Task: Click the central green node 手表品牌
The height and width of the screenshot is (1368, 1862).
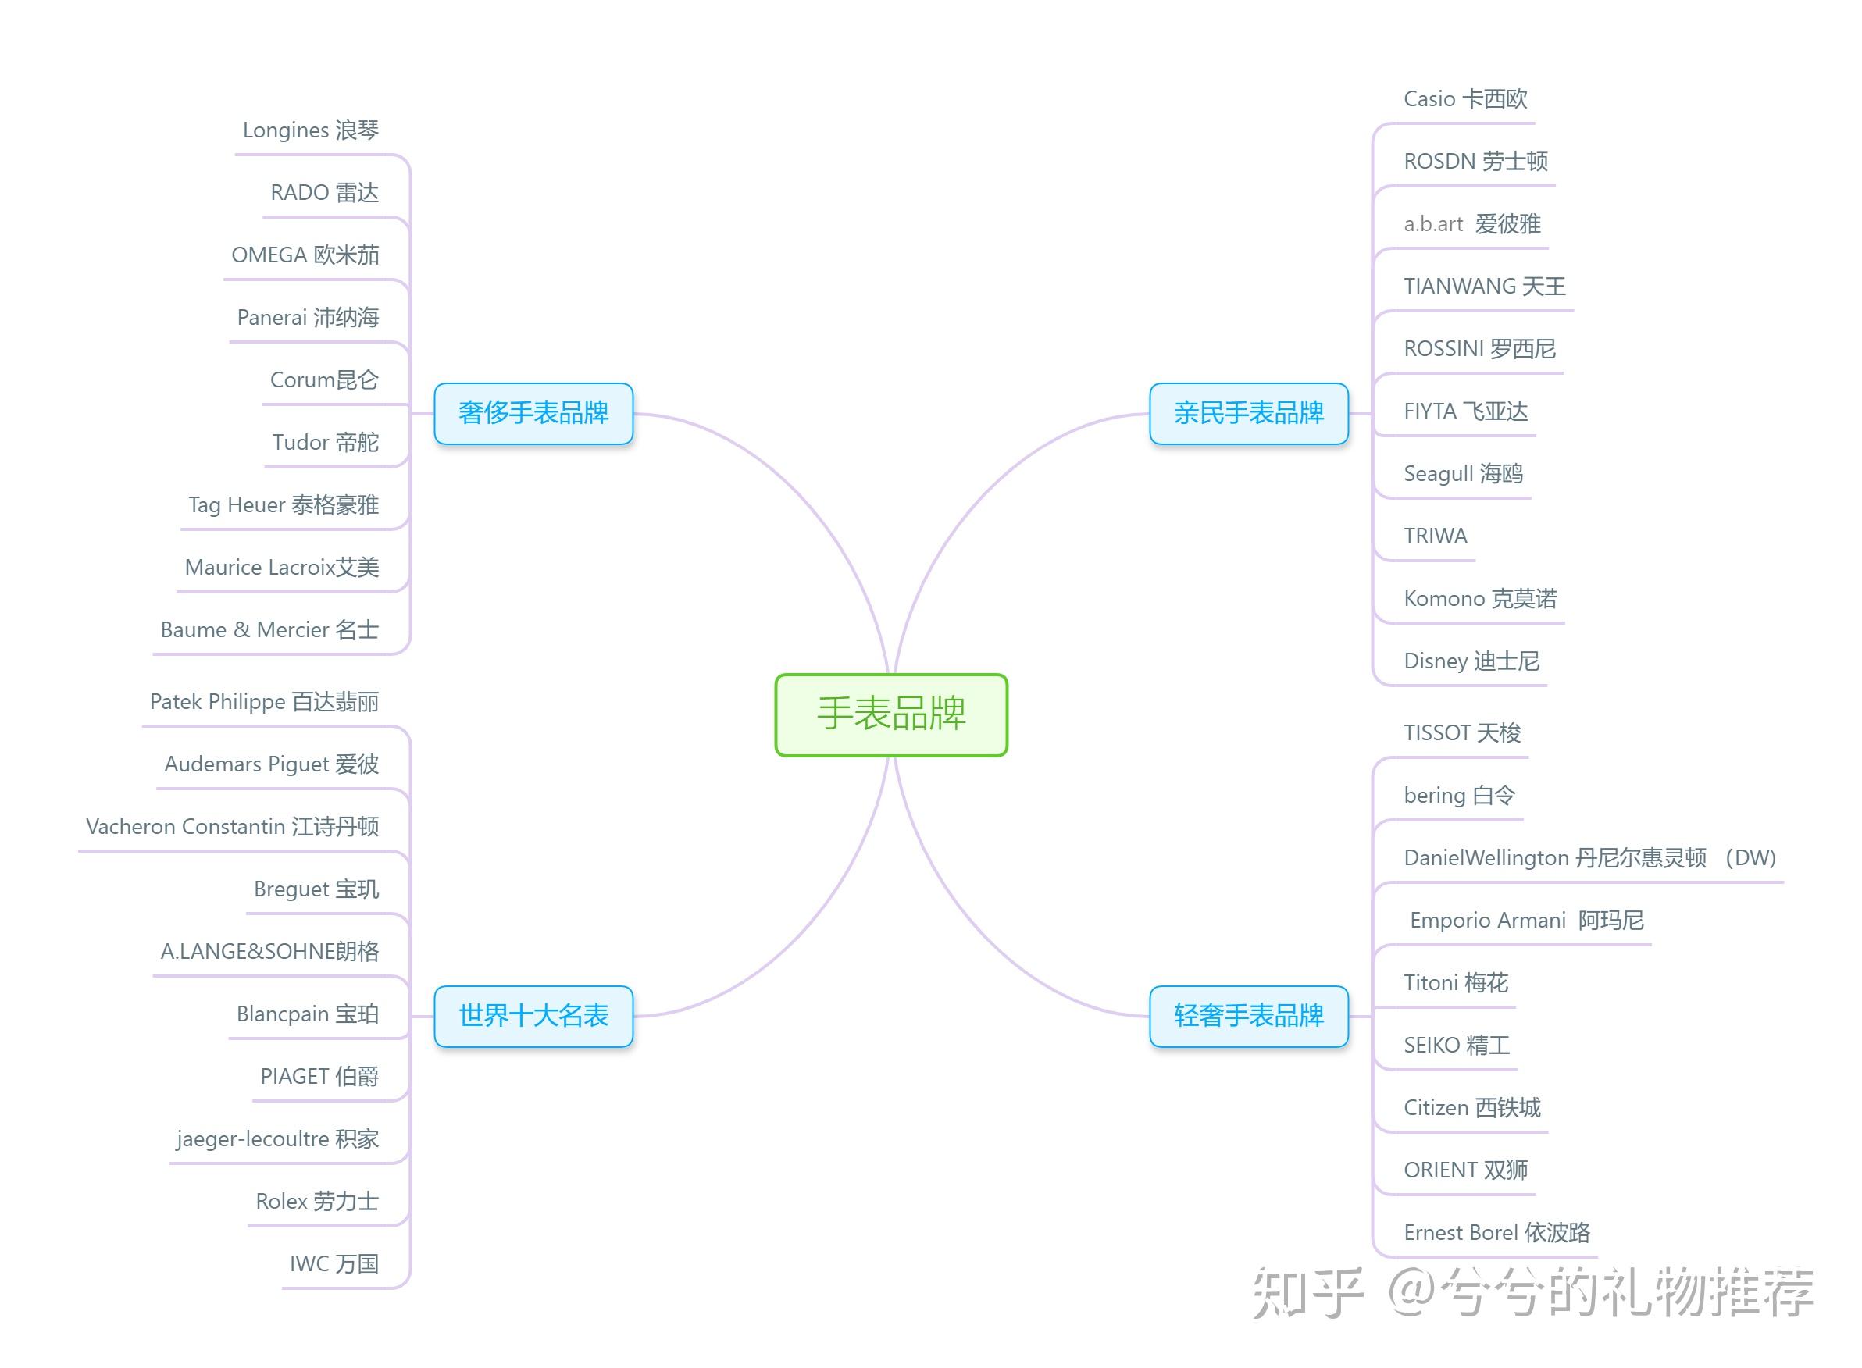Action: (890, 714)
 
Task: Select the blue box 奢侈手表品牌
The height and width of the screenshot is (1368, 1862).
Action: (533, 412)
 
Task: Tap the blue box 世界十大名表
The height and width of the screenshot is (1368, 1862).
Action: (533, 1015)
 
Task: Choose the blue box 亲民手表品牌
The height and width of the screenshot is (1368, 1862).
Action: (1248, 412)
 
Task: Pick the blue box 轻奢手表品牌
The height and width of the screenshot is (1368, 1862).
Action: (1248, 1015)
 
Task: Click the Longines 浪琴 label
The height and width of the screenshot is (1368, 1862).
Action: (311, 130)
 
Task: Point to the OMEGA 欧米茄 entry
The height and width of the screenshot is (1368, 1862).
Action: (305, 255)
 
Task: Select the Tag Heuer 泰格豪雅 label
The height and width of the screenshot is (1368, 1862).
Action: (284, 505)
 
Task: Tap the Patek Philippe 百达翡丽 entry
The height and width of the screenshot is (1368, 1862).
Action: (264, 702)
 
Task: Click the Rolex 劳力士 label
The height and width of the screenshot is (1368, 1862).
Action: (317, 1202)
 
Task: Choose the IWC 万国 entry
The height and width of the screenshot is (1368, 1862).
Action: (334, 1263)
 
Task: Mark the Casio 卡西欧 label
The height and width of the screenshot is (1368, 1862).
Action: (1465, 99)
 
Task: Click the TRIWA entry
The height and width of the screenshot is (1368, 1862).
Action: (1436, 536)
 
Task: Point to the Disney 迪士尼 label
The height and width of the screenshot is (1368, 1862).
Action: (1471, 661)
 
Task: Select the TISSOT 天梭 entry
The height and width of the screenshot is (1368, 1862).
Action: (1462, 733)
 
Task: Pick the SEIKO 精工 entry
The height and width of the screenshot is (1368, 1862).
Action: (1456, 1045)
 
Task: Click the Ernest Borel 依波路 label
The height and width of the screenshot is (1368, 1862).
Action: (1496, 1233)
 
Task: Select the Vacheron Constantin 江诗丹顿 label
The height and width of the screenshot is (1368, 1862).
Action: (233, 826)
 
